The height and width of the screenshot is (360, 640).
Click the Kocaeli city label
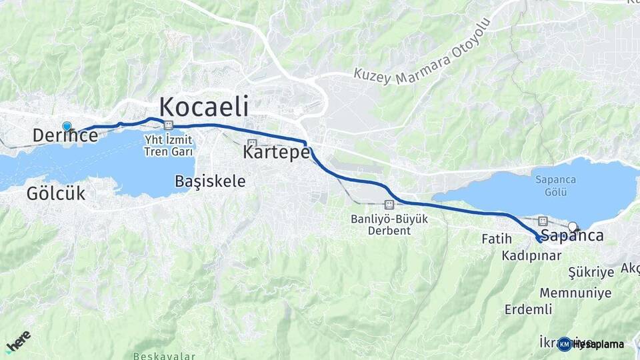(x=204, y=107)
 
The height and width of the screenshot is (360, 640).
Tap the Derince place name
(x=65, y=136)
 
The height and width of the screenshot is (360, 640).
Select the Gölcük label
(x=57, y=194)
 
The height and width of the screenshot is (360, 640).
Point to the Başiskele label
(x=210, y=181)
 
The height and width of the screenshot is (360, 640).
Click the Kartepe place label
(x=277, y=152)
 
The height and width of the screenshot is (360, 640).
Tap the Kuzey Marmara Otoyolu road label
(x=423, y=53)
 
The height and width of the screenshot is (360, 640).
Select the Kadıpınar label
(x=533, y=255)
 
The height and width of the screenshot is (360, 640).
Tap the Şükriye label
(x=590, y=273)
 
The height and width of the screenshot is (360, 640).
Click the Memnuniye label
(x=575, y=293)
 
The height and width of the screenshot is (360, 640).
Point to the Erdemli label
(x=528, y=309)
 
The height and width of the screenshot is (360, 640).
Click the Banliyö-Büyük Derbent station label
(x=389, y=225)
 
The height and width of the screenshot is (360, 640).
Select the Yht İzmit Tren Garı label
(x=169, y=146)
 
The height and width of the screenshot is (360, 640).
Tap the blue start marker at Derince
(x=67, y=126)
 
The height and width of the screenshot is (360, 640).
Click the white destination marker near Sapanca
(x=572, y=226)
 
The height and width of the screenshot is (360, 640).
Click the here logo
(x=18, y=341)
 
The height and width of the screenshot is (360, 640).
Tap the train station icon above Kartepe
(x=252, y=143)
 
